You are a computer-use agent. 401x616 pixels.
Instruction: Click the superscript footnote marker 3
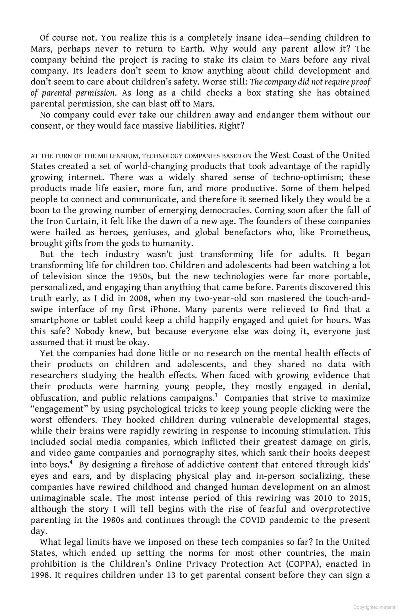click(216, 396)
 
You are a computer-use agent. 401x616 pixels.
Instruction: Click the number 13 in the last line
click(172, 575)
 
